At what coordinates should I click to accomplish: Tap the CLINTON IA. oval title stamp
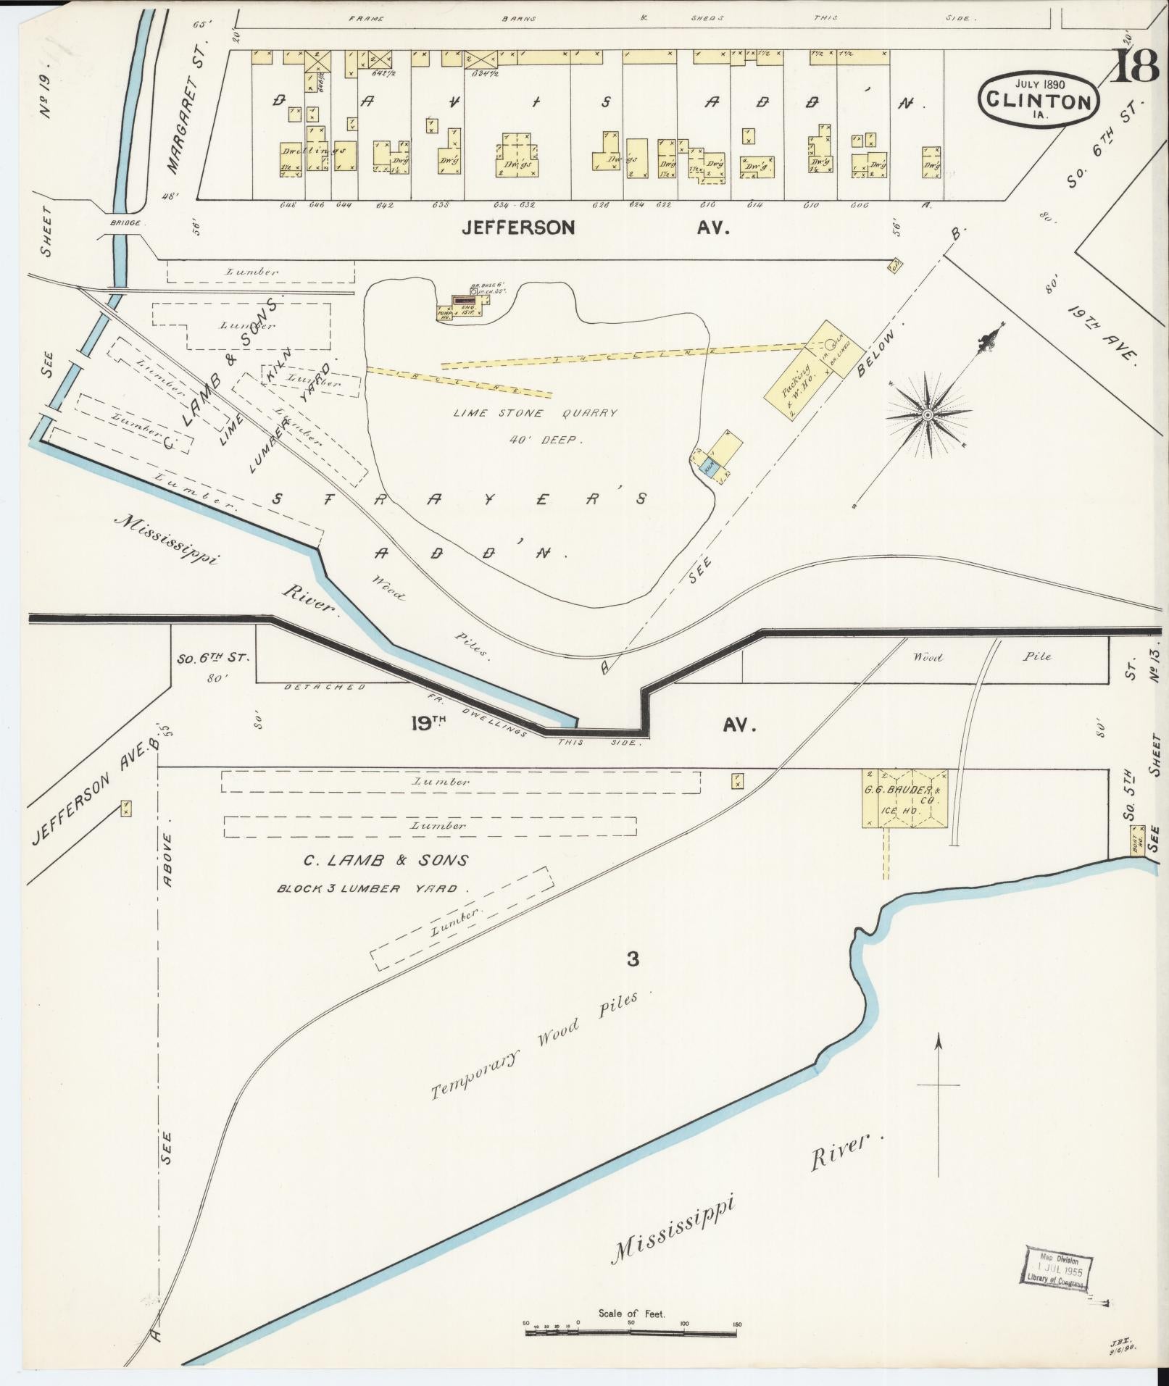click(x=1039, y=99)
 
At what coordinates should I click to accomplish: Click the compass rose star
click(x=928, y=414)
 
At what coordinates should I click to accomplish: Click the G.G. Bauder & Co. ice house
click(x=904, y=798)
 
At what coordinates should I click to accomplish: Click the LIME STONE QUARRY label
click(x=535, y=413)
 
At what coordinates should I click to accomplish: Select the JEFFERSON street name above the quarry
click(x=519, y=227)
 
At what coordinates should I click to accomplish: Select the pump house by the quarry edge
click(x=444, y=313)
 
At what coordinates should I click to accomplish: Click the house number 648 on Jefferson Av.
click(x=288, y=205)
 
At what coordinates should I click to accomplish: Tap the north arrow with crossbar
click(x=939, y=1104)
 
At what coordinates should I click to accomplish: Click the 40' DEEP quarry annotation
click(x=544, y=439)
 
